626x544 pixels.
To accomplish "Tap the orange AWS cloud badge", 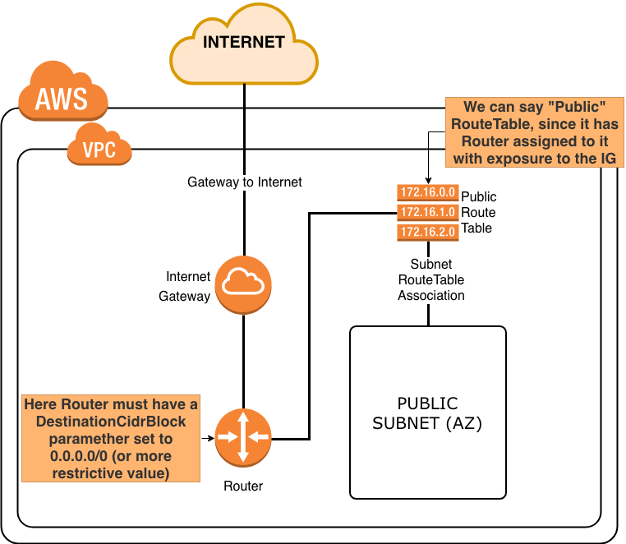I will [62, 95].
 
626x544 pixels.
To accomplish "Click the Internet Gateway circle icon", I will [243, 284].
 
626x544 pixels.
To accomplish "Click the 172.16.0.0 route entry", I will [426, 192].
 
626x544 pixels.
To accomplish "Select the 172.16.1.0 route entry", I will [426, 212].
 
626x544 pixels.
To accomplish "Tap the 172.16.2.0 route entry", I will [426, 232].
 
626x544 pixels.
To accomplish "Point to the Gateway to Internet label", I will [245, 182].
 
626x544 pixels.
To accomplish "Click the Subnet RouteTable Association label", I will [431, 280].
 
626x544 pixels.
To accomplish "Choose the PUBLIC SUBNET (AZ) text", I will [427, 413].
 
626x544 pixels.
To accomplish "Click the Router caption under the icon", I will [243, 486].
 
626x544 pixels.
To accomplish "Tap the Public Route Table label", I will [478, 212].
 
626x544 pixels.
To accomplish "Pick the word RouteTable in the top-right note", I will [488, 124].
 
